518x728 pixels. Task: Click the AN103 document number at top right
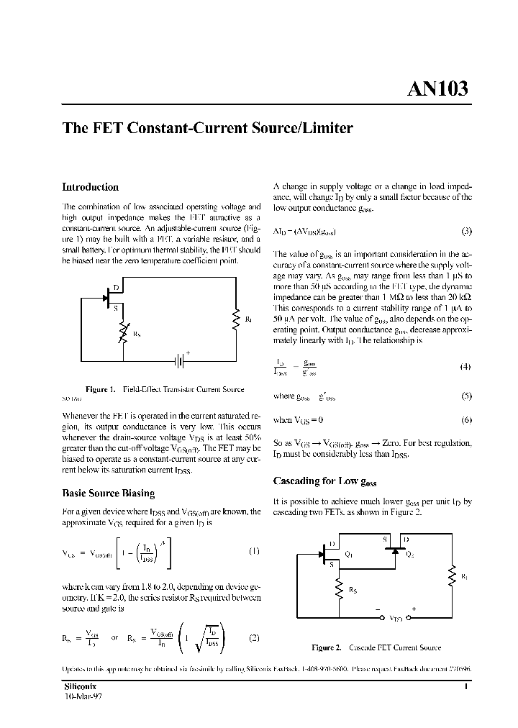coord(437,88)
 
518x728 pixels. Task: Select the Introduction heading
coord(90,187)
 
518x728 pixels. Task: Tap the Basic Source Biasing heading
coord(108,493)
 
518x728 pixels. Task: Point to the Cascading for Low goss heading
coord(324,481)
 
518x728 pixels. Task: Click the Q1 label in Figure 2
coord(349,554)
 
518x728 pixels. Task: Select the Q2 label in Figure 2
coord(410,554)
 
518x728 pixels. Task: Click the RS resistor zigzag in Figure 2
coord(339,590)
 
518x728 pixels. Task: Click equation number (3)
coord(466,231)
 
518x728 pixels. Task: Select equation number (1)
coord(253,552)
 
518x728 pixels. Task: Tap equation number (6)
coord(466,419)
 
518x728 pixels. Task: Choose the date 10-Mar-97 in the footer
coord(83,697)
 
